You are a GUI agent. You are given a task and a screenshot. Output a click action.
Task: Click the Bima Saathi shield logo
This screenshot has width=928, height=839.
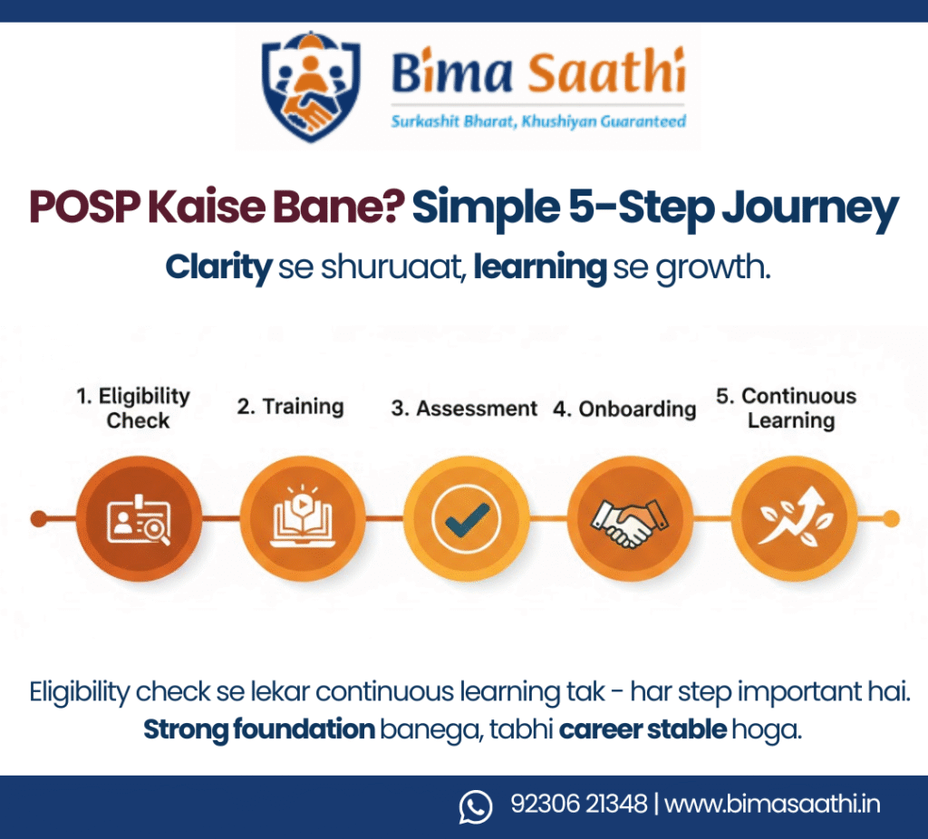pos(312,86)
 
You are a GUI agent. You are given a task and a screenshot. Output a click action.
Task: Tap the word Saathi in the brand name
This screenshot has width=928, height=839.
pos(606,72)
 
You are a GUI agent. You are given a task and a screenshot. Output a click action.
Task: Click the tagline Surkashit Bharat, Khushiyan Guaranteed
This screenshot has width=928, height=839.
pos(538,122)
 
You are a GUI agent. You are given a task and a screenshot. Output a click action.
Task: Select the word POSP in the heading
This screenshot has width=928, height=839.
pos(85,207)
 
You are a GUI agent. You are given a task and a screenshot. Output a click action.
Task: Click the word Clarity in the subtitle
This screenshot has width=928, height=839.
pos(218,267)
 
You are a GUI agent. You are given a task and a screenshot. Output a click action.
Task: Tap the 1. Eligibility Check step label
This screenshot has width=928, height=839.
pos(134,408)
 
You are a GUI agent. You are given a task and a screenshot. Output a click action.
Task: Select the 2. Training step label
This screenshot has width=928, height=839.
pos(291,407)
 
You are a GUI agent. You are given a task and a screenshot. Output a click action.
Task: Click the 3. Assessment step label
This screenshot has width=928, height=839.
pos(464,409)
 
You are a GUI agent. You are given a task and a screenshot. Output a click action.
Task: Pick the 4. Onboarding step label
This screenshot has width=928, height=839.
pos(624,409)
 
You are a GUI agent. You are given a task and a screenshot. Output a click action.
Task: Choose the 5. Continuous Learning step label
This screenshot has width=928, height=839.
pos(787,408)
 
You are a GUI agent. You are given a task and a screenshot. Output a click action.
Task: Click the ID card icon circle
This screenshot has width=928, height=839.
pos(139,519)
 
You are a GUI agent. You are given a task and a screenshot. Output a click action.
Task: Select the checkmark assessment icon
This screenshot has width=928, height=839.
pos(467,519)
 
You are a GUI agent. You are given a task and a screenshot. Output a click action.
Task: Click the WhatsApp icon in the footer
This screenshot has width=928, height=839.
pos(476,806)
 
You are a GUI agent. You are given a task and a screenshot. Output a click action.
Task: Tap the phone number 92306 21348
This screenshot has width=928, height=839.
pos(579,804)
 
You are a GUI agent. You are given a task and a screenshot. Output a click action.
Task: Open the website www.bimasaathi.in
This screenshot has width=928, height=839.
pos(772,804)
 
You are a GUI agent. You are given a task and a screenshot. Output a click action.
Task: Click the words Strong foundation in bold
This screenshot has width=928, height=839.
pos(259,729)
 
